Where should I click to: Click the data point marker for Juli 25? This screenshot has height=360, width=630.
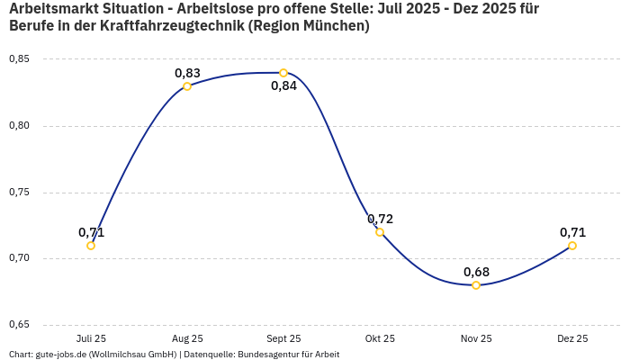(x=91, y=246)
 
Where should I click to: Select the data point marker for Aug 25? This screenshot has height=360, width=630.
(x=187, y=86)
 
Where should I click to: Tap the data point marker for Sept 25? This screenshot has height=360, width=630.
(x=283, y=73)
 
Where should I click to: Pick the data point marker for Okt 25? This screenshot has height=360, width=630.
(x=380, y=232)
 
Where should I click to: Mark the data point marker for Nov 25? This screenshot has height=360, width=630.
(x=476, y=285)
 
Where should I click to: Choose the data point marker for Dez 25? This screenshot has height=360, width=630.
(x=572, y=246)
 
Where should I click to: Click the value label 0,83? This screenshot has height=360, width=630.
(x=187, y=73)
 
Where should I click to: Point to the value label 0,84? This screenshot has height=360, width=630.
(x=283, y=86)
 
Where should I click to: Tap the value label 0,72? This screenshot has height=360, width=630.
(x=380, y=219)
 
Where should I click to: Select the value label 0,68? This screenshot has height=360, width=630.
(x=476, y=272)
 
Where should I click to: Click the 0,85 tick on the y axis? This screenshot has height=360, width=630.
(x=19, y=59)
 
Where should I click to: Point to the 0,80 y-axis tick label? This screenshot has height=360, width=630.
(x=19, y=126)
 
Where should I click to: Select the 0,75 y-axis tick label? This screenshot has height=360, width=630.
(x=19, y=193)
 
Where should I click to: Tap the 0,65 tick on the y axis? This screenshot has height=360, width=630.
(x=19, y=325)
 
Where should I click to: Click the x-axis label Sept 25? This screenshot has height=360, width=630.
(x=283, y=339)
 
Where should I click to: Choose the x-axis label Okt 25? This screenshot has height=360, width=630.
(x=380, y=339)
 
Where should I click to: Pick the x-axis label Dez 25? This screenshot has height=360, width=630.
(x=572, y=339)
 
